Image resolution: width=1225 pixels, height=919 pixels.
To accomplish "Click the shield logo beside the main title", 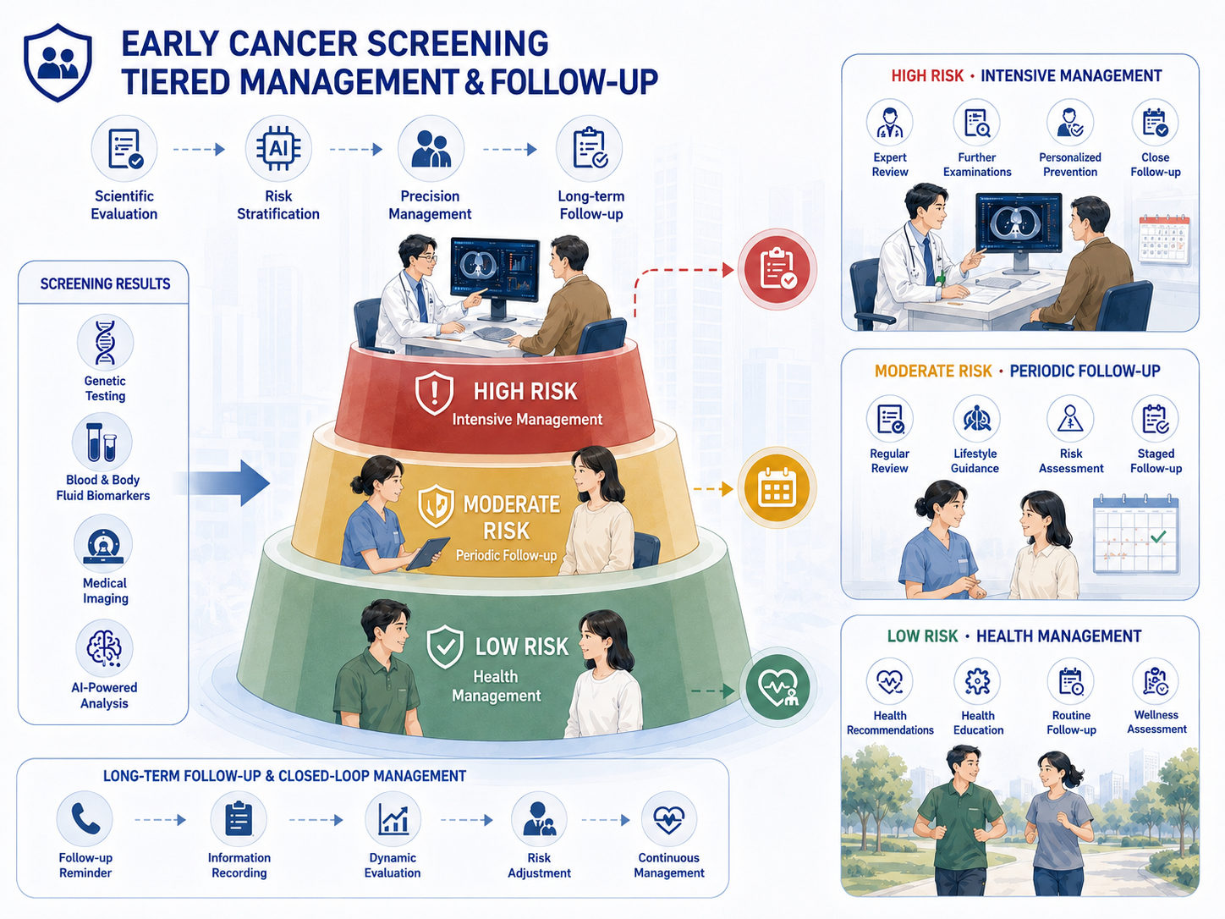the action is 58,62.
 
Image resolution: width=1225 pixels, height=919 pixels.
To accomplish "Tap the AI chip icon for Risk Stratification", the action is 278,148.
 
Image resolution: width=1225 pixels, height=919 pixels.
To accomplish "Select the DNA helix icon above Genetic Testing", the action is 105,343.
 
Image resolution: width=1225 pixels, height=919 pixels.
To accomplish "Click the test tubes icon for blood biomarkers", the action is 102,442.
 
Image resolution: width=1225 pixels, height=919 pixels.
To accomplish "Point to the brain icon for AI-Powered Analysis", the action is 104,648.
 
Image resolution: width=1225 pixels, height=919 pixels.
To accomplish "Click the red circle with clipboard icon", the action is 777,269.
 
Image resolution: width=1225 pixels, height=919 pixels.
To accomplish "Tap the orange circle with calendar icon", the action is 777,487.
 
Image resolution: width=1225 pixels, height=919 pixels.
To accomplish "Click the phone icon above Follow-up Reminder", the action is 85,818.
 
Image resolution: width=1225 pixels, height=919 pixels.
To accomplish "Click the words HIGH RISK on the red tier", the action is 525,391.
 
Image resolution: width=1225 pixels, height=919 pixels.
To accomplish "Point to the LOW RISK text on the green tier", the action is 522,647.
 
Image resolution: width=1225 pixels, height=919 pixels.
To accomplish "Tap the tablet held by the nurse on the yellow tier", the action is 428,553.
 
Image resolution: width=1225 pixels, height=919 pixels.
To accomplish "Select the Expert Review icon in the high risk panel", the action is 890,123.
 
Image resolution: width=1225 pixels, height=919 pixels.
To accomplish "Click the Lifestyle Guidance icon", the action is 975,419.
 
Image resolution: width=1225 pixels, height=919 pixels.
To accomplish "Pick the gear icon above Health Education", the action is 977,680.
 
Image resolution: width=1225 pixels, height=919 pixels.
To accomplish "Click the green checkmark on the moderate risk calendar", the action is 1158,537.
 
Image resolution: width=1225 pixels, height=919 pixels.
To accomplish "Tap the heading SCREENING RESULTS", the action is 106,283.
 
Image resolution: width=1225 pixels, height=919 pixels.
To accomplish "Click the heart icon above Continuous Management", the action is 668,818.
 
